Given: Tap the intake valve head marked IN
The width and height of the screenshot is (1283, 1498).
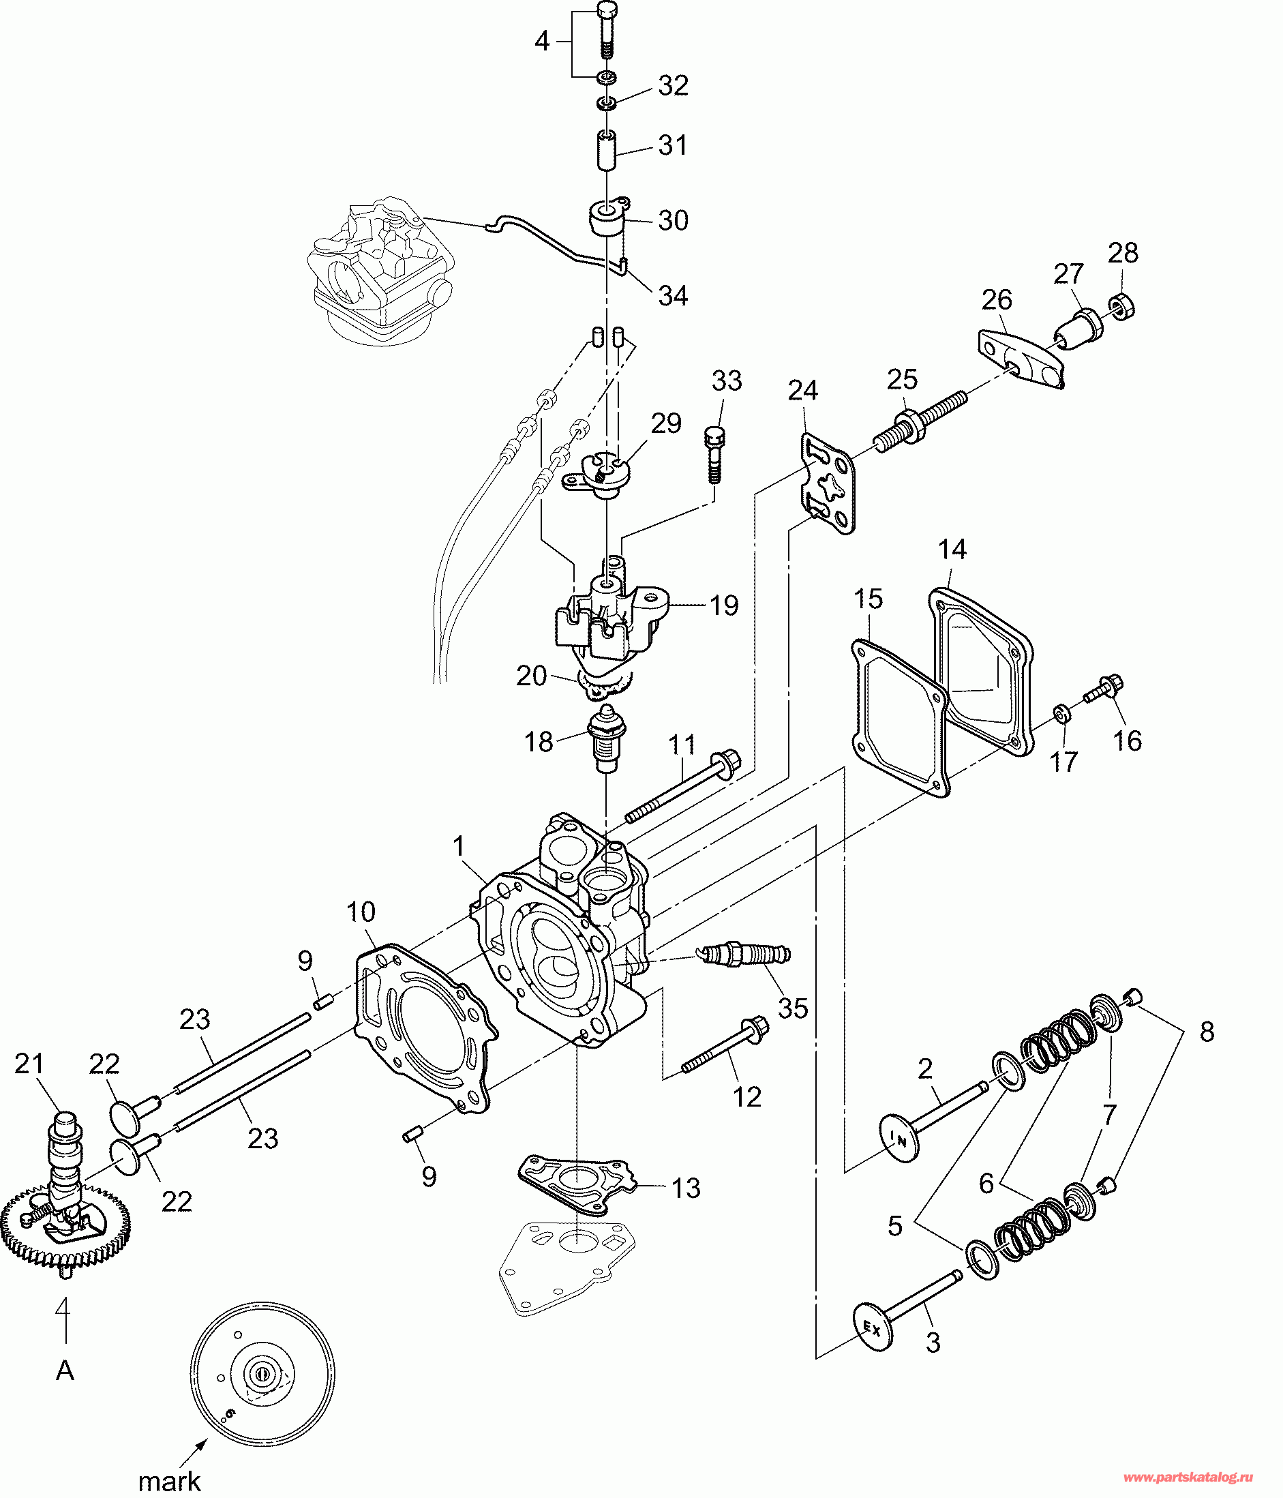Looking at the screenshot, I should pyautogui.click(x=899, y=1139).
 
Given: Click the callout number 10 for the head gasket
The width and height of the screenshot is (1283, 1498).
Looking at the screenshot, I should pyautogui.click(x=361, y=912).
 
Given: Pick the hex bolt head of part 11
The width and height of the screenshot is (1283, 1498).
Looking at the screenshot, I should pyautogui.click(x=728, y=762).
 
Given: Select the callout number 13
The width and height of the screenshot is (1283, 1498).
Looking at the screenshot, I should pyautogui.click(x=686, y=1187).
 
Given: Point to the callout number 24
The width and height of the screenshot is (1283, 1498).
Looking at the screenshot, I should pyautogui.click(x=802, y=391).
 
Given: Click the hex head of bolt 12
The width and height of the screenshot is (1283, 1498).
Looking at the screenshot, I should pyautogui.click(x=755, y=1028).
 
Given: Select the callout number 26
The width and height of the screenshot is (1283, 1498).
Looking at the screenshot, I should pyautogui.click(x=997, y=299).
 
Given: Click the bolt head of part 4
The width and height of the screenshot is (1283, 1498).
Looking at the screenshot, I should pyautogui.click(x=608, y=11).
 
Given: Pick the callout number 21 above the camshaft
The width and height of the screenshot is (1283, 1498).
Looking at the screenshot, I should pyautogui.click(x=29, y=1064).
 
